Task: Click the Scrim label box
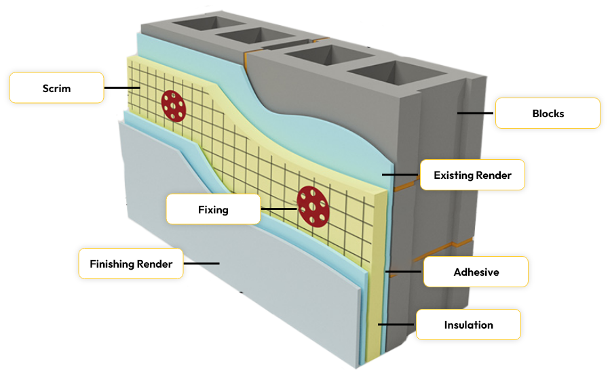(x=56, y=88)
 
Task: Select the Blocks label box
(x=548, y=113)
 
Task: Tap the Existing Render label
(x=472, y=175)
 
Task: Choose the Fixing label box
(x=213, y=209)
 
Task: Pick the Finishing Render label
(x=131, y=264)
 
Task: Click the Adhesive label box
(x=476, y=272)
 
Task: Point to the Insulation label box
(x=468, y=325)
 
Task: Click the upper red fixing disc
(x=174, y=106)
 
